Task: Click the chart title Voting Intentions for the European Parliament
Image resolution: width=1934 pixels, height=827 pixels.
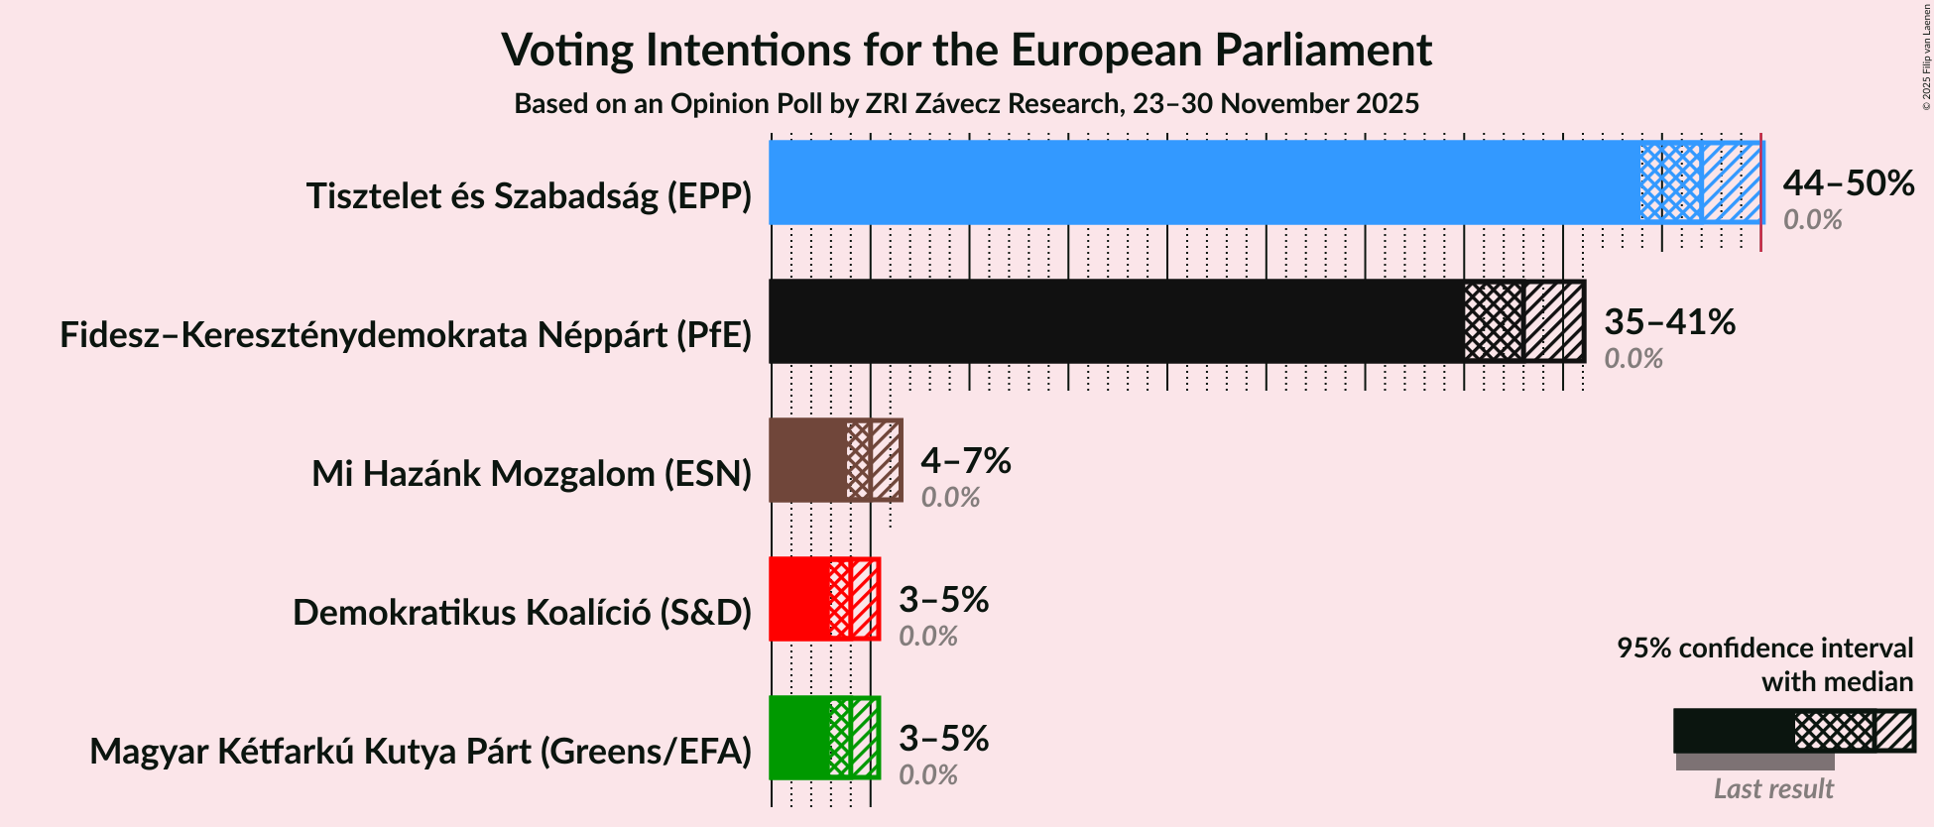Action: click(x=966, y=50)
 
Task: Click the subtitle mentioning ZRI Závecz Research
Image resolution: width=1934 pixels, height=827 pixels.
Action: click(x=966, y=104)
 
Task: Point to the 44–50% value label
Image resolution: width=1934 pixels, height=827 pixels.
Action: click(x=1848, y=183)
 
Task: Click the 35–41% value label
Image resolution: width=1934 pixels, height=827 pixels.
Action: click(x=1669, y=322)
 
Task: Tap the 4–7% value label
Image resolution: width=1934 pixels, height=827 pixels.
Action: click(x=965, y=461)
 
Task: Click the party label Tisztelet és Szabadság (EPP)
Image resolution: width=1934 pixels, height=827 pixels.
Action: click(x=529, y=196)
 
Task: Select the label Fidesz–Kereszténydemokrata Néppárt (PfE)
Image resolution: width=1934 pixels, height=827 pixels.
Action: click(x=406, y=335)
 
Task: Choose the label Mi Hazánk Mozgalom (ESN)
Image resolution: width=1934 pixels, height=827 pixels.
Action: click(x=532, y=474)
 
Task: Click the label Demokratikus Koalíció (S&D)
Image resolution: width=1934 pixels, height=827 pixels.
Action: click(x=522, y=613)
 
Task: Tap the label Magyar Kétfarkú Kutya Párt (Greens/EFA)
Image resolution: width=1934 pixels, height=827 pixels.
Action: click(x=421, y=752)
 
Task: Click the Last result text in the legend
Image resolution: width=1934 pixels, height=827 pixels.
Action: click(x=1773, y=789)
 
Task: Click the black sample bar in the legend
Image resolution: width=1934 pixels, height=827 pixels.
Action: click(x=1734, y=731)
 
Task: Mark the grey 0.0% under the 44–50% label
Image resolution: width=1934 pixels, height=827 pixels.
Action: click(x=1812, y=220)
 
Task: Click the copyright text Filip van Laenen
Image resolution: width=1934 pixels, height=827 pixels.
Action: click(x=1926, y=56)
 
